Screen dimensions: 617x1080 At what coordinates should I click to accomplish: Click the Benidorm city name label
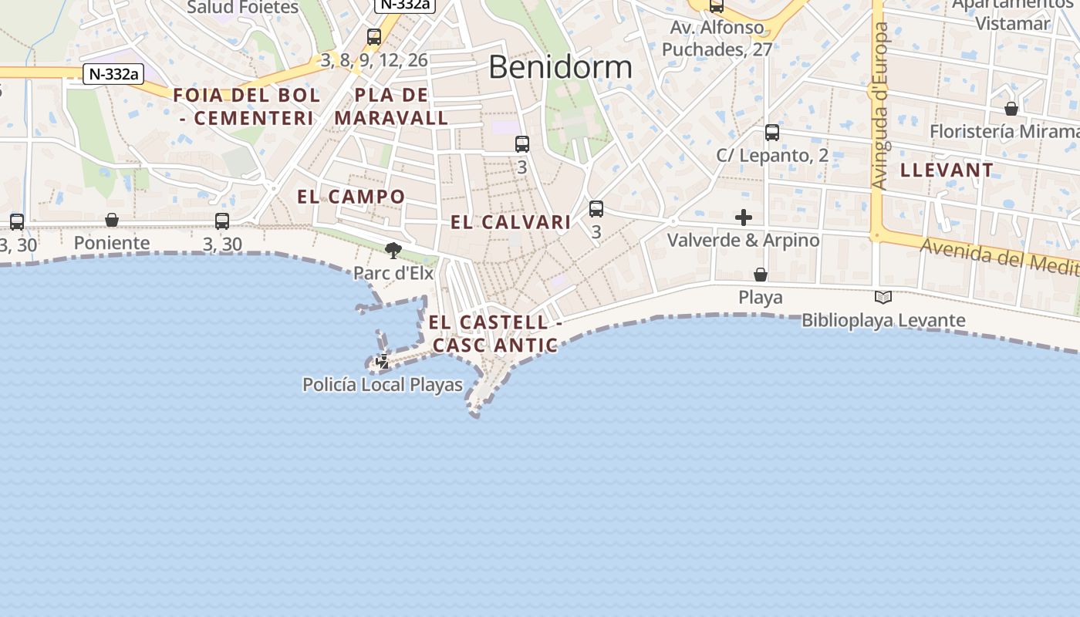tap(560, 67)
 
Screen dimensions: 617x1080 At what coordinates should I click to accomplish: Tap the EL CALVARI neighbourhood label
tap(511, 222)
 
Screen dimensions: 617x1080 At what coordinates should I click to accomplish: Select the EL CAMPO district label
tap(351, 197)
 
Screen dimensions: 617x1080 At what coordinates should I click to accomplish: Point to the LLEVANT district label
tap(947, 170)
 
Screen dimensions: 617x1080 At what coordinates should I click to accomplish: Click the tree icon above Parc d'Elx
tap(393, 250)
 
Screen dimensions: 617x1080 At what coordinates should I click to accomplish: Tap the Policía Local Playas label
tap(383, 384)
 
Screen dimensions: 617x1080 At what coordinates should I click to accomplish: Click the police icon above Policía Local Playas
tap(383, 361)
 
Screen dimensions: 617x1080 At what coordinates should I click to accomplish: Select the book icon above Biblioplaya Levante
tap(883, 297)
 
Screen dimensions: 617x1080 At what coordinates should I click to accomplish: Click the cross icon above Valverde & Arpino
tap(744, 217)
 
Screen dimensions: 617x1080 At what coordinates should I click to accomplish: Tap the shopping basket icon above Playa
tap(761, 275)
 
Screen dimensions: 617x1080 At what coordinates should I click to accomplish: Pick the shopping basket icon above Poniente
tap(112, 221)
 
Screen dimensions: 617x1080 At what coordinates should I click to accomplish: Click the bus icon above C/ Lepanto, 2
tap(772, 133)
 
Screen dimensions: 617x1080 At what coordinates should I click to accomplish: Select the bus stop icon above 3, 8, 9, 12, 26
tap(374, 37)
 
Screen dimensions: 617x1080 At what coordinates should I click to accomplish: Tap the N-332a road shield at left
tap(113, 74)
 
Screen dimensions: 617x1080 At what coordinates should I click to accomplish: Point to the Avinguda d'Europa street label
tap(880, 106)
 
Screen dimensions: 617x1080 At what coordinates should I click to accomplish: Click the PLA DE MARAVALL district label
tap(391, 106)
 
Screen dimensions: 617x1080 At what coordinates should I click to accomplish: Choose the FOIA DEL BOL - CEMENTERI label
tap(246, 106)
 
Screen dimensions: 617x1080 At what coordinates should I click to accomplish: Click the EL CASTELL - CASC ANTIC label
tap(494, 333)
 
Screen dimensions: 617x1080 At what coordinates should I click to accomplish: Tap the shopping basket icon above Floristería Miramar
tap(1011, 109)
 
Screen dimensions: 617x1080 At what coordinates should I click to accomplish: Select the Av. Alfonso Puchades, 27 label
tap(717, 39)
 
